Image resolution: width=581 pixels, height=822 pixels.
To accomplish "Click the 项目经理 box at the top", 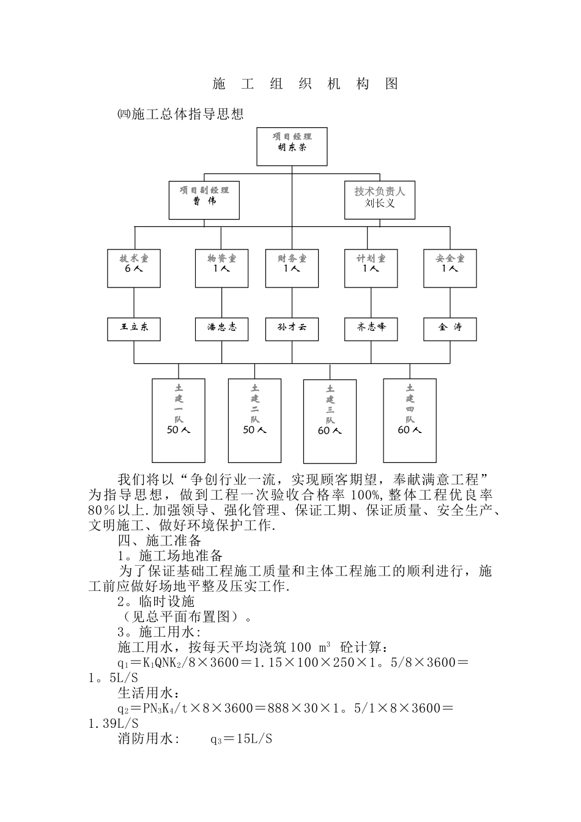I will (x=292, y=146).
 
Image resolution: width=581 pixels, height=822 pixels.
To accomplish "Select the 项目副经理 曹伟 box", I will (x=204, y=199).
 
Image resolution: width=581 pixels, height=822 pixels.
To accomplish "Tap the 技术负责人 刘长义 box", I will (x=379, y=199).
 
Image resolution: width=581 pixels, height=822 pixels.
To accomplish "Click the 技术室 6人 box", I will (x=134, y=268).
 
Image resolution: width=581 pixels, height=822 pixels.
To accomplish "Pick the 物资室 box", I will (x=221, y=268).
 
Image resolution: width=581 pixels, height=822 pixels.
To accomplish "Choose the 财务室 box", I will (x=292, y=268).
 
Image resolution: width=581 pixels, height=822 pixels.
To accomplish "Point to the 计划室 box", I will (x=371, y=268).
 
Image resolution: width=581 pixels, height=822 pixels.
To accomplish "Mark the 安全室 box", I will (x=450, y=268).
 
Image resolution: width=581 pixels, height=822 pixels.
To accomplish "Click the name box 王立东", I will (x=134, y=329).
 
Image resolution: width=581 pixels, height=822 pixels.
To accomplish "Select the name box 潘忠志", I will (x=221, y=329).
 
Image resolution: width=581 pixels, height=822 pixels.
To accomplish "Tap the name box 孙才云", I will (x=292, y=329).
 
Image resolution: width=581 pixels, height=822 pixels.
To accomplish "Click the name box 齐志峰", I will (x=371, y=329).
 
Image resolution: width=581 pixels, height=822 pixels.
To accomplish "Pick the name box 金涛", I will (x=450, y=329).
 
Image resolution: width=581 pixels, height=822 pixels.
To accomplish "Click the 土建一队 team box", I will (x=178, y=420).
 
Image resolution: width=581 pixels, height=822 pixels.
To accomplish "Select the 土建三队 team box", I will (x=330, y=421).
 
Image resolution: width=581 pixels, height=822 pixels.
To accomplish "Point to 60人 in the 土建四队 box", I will (x=409, y=430).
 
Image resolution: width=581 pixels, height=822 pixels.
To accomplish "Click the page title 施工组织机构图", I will (x=305, y=84).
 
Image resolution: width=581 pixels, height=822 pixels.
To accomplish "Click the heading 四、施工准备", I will (x=159, y=541).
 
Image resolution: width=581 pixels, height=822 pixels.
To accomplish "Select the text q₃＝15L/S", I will (x=241, y=739).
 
